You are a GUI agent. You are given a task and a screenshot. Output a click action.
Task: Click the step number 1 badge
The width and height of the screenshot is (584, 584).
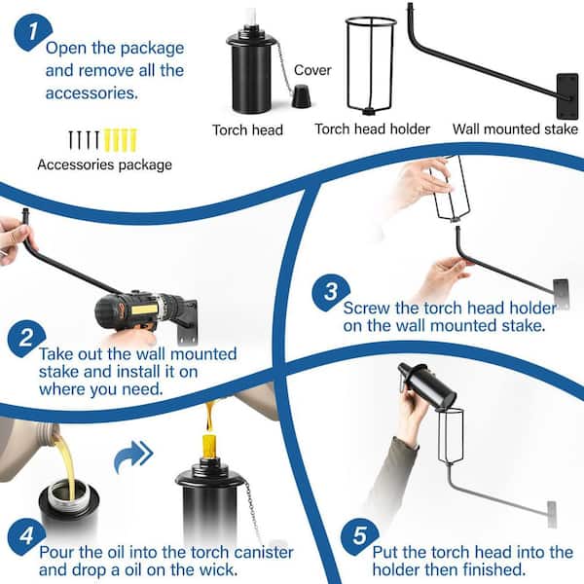[x=33, y=32]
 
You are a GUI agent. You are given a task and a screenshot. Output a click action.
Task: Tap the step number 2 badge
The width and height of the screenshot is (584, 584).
[x=26, y=338]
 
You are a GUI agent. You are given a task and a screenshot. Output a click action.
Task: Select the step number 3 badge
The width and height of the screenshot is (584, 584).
[x=331, y=292]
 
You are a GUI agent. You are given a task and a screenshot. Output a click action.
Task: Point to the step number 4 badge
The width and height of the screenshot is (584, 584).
[x=26, y=536]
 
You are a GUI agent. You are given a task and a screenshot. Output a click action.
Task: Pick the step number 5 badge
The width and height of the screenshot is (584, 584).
[x=359, y=536]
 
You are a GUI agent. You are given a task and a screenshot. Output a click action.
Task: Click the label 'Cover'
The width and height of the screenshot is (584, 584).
[x=312, y=70]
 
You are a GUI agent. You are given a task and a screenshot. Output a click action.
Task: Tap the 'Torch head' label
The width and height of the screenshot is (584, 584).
[x=247, y=130]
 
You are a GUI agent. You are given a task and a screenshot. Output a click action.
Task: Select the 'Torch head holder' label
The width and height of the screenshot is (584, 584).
[x=373, y=128]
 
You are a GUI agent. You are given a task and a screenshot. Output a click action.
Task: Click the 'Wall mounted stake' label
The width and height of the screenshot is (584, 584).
[x=515, y=128]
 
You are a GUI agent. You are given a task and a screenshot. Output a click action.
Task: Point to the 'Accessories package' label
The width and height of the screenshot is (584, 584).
[x=105, y=164]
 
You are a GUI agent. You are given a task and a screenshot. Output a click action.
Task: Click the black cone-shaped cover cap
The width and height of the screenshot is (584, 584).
[x=301, y=96]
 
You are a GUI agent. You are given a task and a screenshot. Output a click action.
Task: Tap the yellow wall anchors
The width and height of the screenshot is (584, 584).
[x=121, y=140]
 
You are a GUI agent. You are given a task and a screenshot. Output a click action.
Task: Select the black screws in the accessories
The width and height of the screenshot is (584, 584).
[x=84, y=140]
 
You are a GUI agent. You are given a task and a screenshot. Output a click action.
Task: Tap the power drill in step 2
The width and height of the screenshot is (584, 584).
[x=144, y=311]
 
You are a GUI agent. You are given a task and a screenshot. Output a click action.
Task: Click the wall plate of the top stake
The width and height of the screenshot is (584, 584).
[x=567, y=96]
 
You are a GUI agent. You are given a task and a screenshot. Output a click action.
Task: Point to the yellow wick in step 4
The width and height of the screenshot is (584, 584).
[x=209, y=447]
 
